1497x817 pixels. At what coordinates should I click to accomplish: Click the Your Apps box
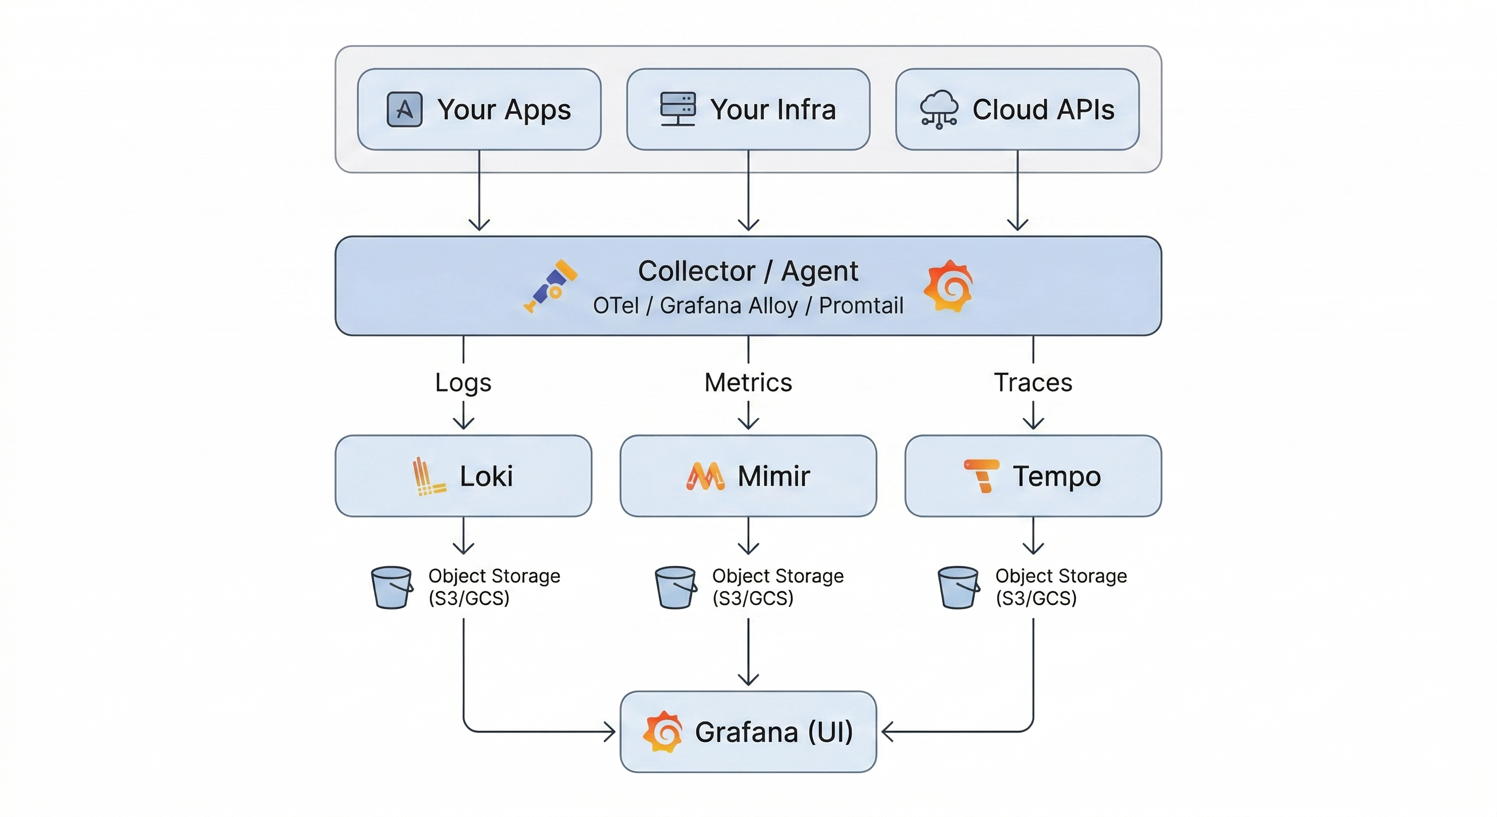[479, 110]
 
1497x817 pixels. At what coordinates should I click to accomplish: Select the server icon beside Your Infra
[678, 109]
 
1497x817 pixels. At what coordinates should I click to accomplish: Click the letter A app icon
[405, 110]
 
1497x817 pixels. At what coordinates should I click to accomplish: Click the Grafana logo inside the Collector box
[948, 286]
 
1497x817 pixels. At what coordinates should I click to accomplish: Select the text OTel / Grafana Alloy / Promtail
[748, 305]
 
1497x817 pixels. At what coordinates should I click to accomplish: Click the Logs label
[463, 382]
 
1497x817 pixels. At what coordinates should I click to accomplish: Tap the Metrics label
[748, 382]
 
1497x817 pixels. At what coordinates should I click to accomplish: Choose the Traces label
[1033, 382]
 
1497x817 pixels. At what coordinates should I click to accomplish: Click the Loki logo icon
[428, 476]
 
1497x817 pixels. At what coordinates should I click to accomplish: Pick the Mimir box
[748, 476]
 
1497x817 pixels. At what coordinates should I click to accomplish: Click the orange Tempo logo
[982, 476]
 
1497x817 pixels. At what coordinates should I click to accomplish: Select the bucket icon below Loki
[392, 587]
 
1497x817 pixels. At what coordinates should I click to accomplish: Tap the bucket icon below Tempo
[958, 587]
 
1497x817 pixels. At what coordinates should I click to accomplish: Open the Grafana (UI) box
[748, 731]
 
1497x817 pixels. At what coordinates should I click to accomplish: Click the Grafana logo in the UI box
[662, 731]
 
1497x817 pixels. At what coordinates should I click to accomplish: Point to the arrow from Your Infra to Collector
[748, 192]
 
